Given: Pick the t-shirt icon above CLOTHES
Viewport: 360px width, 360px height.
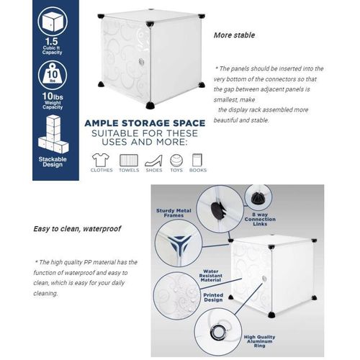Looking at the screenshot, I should [x=101, y=159].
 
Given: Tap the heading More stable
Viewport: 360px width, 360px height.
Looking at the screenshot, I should [x=233, y=35].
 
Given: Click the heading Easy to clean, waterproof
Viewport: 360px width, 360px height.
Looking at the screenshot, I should [x=76, y=230].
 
